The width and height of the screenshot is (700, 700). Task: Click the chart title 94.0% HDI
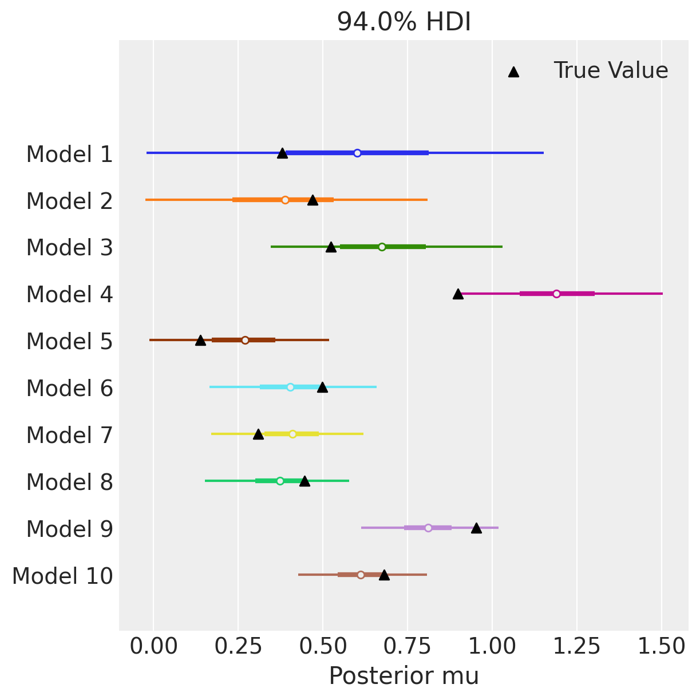[404, 22]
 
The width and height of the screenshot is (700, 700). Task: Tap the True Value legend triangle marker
[513, 72]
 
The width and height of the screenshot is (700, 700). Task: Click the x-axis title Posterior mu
[404, 676]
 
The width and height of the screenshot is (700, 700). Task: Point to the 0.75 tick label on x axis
[408, 647]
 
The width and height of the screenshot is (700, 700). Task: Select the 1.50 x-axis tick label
[662, 647]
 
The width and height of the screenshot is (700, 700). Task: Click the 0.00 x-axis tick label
[153, 647]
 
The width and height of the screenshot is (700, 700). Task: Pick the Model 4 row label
[69, 295]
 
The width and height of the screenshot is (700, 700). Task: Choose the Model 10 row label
[62, 576]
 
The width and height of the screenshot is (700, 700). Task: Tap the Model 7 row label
[69, 436]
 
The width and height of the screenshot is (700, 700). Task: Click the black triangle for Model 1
[282, 153]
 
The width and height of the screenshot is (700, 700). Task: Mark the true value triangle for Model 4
[458, 294]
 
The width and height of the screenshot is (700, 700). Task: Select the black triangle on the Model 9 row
[476, 528]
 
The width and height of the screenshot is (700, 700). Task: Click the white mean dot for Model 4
[556, 294]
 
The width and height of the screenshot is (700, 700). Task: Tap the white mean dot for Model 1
[357, 153]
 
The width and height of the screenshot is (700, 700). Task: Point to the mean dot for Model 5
[245, 340]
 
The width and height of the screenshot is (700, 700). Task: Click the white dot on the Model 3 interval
[382, 247]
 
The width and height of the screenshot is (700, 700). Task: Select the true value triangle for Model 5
[200, 340]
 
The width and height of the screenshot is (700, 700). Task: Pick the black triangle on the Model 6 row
[322, 387]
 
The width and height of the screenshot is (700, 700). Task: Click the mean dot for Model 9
[428, 528]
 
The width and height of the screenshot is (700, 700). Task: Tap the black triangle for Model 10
[384, 575]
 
